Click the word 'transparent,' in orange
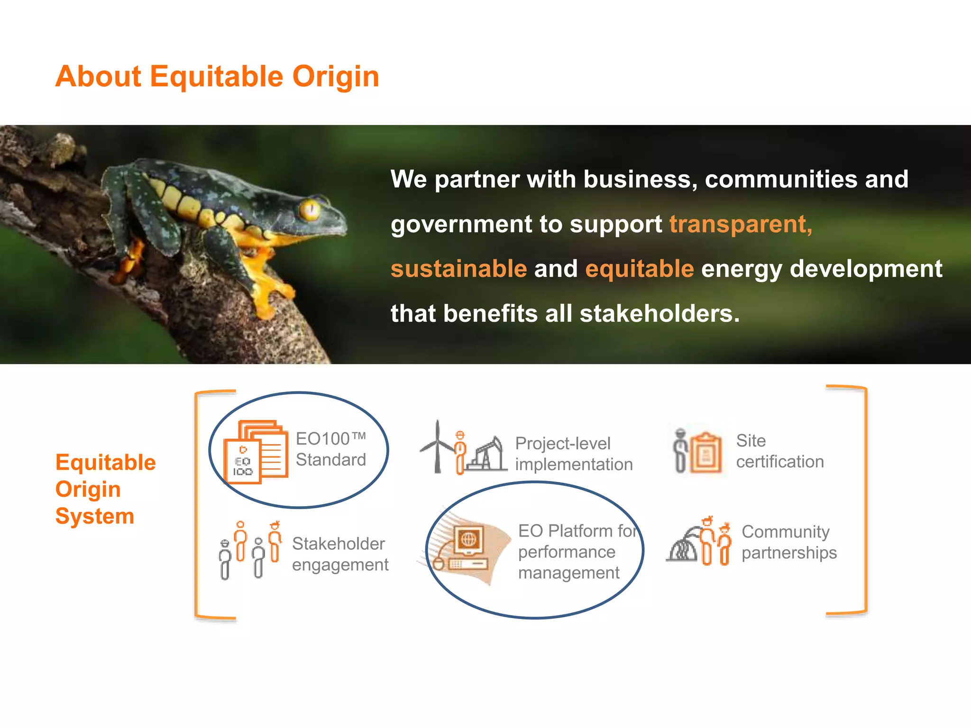[741, 224]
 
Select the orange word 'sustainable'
[458, 269]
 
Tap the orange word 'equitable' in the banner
[640, 269]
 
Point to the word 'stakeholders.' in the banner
[660, 314]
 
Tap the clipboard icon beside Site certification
[706, 453]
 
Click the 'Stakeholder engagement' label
[340, 554]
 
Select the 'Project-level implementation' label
[574, 454]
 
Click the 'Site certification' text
[779, 451]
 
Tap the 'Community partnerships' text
[789, 542]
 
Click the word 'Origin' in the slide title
[336, 76]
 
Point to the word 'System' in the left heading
[95, 516]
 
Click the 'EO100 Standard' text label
[331, 449]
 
